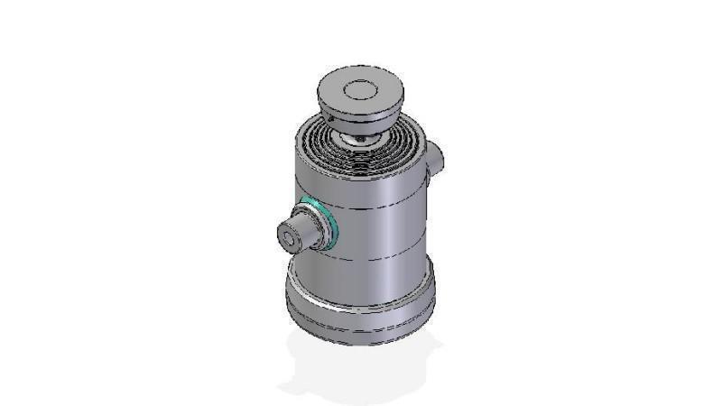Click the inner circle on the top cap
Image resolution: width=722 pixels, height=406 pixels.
360,90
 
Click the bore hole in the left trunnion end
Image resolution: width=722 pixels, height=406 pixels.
287,238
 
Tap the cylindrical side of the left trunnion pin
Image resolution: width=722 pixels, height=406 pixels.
302,228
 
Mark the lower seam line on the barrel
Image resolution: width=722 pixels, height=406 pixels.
379,258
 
